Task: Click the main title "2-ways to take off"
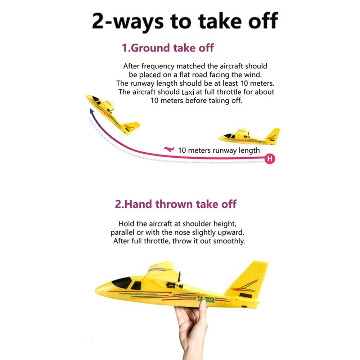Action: tap(185, 21)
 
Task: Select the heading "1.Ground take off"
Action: tap(168, 48)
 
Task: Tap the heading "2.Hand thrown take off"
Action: tap(176, 204)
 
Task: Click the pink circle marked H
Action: tap(270, 159)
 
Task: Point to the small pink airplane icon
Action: tap(169, 149)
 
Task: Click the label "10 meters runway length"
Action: tap(219, 150)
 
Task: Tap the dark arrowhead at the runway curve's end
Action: tap(91, 112)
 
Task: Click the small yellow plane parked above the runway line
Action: tap(249, 136)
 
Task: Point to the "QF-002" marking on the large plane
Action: tap(206, 300)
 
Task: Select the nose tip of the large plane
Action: tap(96, 291)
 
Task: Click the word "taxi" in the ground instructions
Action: tap(188, 92)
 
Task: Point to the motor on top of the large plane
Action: tap(175, 285)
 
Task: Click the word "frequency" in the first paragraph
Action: tap(158, 66)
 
